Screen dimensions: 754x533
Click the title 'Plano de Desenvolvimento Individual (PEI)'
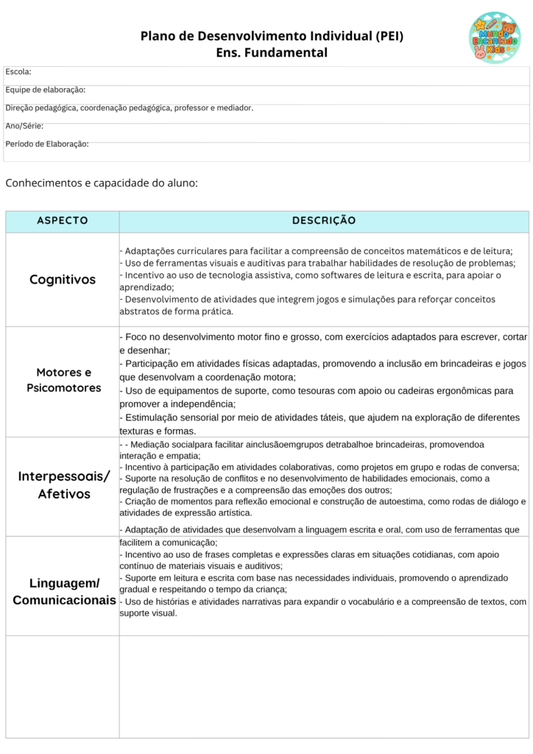272,36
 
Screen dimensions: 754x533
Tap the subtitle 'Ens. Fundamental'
272,53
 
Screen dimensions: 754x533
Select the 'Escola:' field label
18,71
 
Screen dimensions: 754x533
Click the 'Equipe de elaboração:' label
46,90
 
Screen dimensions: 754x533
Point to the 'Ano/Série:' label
24,126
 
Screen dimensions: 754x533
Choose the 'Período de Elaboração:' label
47,144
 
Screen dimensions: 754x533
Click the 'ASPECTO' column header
63,221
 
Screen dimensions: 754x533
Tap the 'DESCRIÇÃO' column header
324,221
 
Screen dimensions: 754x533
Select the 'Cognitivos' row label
63,280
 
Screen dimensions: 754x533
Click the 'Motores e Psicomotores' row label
63,380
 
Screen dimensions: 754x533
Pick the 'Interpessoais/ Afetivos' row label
63,485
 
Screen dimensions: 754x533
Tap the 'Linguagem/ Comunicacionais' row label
63,592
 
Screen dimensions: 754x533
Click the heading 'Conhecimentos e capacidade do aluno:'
102,183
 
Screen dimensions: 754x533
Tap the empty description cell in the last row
324,686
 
